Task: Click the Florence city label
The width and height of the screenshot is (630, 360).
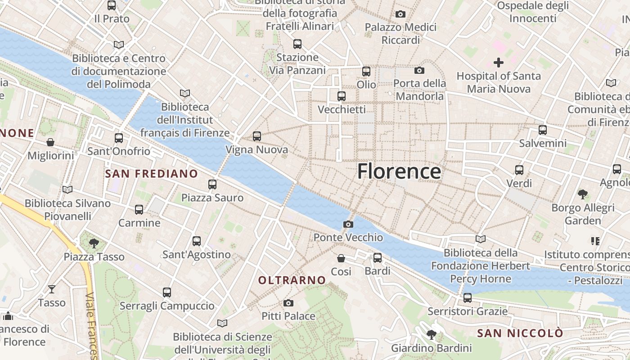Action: [x=399, y=171]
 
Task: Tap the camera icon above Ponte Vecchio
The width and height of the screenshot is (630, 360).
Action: [x=348, y=224]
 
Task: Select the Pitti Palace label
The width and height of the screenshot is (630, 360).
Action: [x=288, y=316]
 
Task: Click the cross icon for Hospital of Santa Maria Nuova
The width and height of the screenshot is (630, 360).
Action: [x=499, y=63]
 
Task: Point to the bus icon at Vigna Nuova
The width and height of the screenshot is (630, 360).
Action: [x=257, y=136]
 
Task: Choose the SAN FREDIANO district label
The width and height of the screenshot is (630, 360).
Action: [x=151, y=174]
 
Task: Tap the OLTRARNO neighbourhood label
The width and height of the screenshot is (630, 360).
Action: [x=292, y=280]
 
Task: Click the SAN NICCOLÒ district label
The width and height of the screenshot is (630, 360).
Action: [x=520, y=333]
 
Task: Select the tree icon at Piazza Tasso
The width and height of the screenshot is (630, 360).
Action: [x=94, y=243]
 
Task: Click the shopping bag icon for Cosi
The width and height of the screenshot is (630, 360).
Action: [x=341, y=258]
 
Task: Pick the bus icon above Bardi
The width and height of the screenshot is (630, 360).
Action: [x=378, y=257]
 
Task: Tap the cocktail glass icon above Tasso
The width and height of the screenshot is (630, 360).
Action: [x=52, y=289]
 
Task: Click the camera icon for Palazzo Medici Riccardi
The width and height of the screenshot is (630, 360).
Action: [x=400, y=14]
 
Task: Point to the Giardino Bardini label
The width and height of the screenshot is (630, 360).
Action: [x=431, y=348]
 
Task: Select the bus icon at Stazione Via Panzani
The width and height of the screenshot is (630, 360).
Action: [x=297, y=44]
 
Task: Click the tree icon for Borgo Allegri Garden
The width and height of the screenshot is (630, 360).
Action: [x=583, y=194]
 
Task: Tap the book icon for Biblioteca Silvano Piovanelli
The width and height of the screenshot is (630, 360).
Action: [x=67, y=190]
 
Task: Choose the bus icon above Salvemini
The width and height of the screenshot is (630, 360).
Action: [x=543, y=130]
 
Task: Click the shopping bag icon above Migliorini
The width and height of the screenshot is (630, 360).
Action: [x=50, y=142]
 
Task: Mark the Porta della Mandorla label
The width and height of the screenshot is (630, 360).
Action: [x=419, y=90]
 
